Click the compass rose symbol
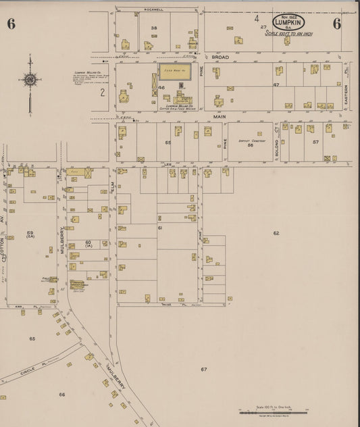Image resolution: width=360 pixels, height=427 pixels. tap(30, 80)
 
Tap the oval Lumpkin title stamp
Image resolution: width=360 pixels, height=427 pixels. tap(289, 22)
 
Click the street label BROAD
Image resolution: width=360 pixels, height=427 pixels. tap(221, 58)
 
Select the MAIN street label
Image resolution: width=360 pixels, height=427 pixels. tap(219, 116)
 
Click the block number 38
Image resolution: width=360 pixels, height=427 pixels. tap(154, 28)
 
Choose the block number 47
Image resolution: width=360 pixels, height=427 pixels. tap(276, 85)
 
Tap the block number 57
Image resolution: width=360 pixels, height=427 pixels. tap(315, 142)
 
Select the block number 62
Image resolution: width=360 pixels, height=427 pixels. tap(276, 233)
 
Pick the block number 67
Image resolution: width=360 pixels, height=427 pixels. tap(203, 370)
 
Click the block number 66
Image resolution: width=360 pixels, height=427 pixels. tap(61, 394)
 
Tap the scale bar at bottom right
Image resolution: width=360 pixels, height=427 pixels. tap(273, 411)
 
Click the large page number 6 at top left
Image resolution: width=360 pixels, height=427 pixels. tap(11, 24)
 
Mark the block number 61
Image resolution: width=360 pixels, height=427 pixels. tap(160, 228)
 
